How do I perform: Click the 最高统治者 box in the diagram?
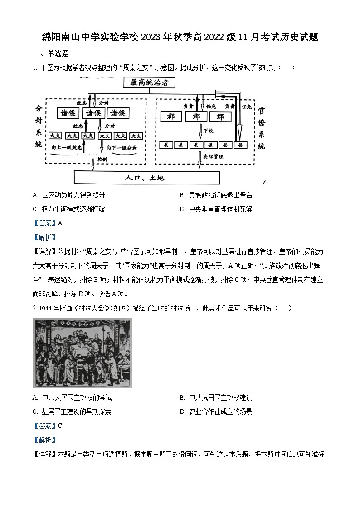click(149, 82)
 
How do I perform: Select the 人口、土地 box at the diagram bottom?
click(147, 177)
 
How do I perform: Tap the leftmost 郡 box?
click(170, 117)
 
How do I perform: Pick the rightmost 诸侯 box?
click(121, 113)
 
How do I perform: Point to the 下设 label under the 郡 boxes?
click(208, 130)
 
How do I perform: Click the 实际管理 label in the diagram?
click(213, 156)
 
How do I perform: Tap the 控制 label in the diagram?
click(102, 160)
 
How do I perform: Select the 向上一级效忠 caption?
click(67, 148)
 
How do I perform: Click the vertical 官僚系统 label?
click(262, 128)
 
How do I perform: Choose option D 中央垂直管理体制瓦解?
click(216, 209)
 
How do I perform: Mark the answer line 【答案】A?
click(47, 223)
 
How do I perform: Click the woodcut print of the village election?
click(83, 353)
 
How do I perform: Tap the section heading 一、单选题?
click(51, 54)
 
